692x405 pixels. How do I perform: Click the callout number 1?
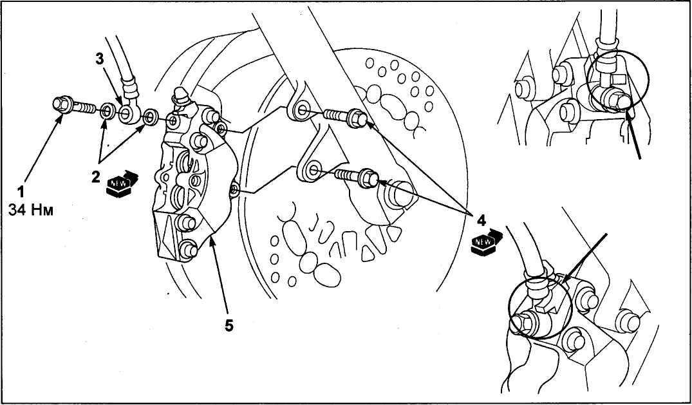click(x=21, y=192)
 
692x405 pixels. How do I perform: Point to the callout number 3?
click(x=100, y=59)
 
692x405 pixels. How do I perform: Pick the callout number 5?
click(x=229, y=326)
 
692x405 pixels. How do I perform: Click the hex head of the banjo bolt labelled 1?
click(x=62, y=105)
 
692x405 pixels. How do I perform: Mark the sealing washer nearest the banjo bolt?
click(x=106, y=112)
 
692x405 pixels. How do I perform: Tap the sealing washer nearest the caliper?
click(x=151, y=118)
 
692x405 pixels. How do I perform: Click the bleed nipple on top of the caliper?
click(x=180, y=95)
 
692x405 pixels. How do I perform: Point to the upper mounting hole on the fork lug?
click(x=302, y=109)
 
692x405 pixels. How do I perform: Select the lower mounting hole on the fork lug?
click(x=313, y=169)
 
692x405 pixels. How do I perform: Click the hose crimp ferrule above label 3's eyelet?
click(x=131, y=88)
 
